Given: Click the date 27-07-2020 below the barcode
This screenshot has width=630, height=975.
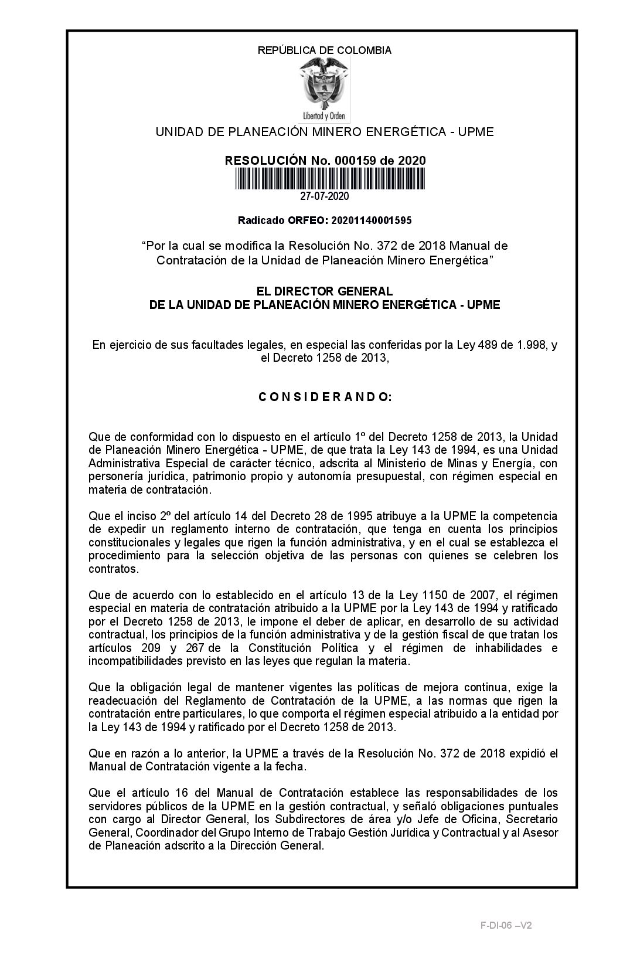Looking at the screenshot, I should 324,196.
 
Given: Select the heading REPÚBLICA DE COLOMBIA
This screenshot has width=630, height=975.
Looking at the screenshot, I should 324,50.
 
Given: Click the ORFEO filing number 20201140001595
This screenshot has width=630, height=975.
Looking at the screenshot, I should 371,220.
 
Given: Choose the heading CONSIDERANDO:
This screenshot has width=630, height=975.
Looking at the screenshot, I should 325,397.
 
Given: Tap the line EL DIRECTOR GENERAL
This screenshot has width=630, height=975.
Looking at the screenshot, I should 325,291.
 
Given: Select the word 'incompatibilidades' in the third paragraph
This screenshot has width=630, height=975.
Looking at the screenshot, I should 127,661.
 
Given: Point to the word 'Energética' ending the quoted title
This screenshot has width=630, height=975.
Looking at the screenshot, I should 464,260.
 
